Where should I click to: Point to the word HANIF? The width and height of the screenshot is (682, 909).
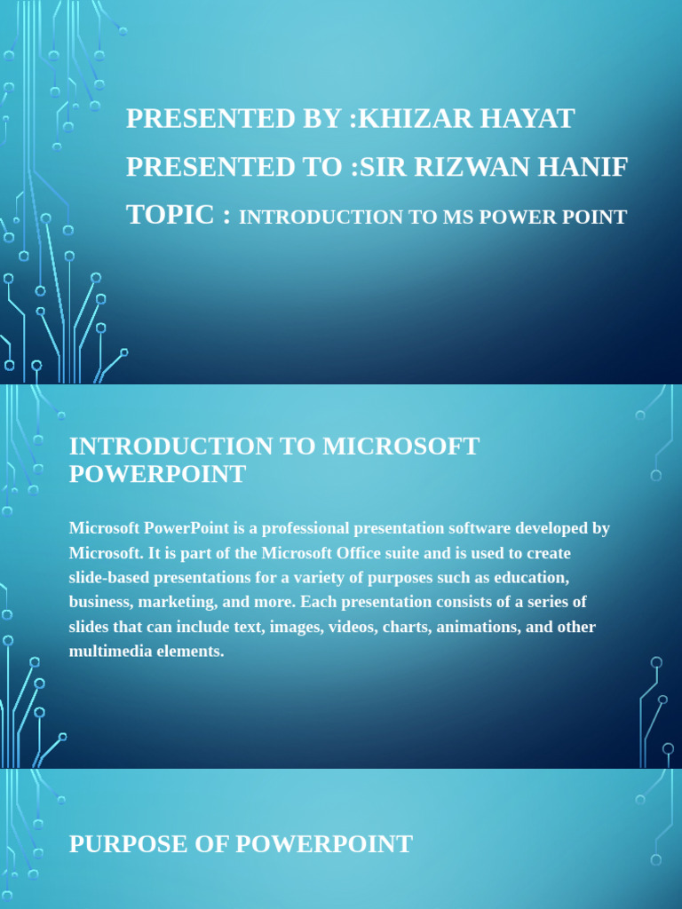click(586, 167)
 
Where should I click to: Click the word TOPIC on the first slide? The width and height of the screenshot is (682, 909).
click(170, 215)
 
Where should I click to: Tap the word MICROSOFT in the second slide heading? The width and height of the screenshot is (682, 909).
click(400, 446)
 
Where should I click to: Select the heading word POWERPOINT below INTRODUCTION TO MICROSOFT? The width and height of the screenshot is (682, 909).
click(157, 474)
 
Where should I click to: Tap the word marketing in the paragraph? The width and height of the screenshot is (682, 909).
click(175, 603)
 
